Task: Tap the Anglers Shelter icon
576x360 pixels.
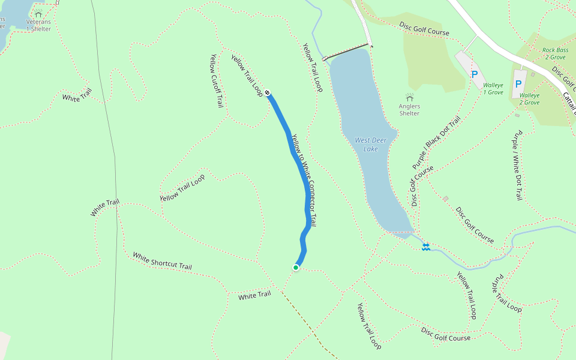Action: tap(410, 97)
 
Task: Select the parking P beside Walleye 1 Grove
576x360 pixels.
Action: tap(475, 74)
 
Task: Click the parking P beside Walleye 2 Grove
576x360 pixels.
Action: tap(518, 85)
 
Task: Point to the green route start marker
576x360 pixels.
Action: tap(296, 267)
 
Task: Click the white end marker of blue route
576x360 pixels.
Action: tap(267, 92)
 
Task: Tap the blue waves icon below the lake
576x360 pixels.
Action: tap(425, 247)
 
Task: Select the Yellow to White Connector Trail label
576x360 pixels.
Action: tap(304, 179)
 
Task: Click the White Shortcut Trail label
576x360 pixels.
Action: tap(162, 261)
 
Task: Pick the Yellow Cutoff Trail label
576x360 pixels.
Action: tap(216, 81)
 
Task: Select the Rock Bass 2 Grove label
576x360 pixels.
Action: tap(554, 53)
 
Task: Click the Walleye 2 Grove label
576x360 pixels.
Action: tap(529, 98)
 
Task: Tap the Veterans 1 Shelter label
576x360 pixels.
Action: tap(38, 25)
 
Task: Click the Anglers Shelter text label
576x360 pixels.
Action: tap(409, 110)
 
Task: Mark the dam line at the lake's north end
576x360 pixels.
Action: tap(346, 52)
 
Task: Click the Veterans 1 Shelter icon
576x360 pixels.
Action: tap(38, 13)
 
